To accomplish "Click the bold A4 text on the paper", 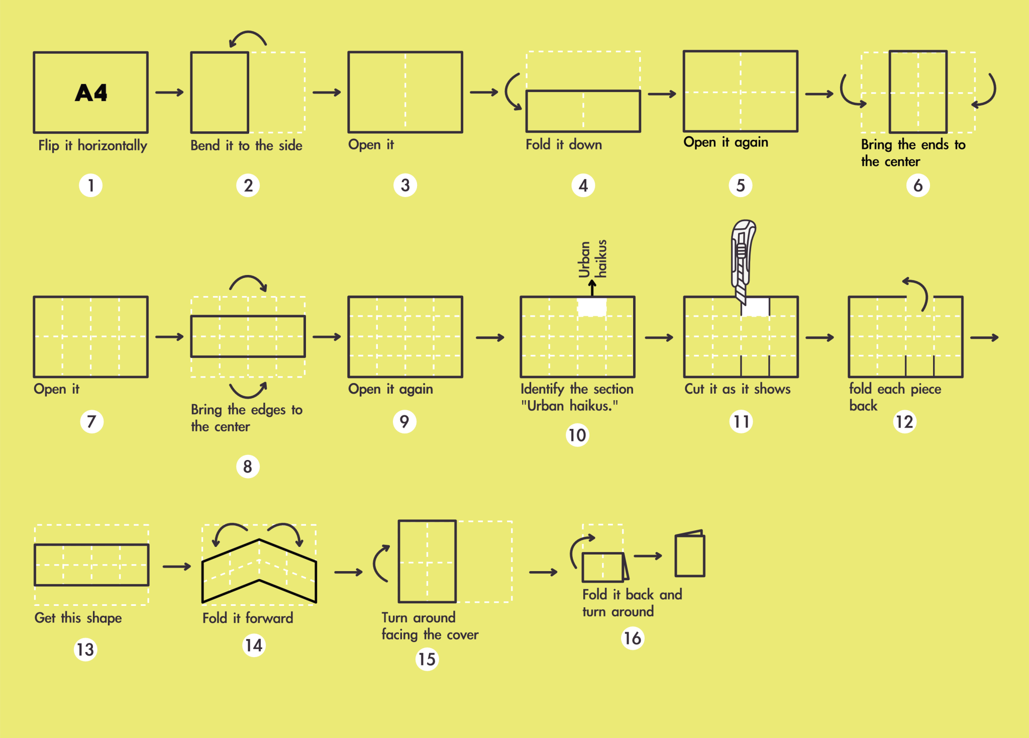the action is pyautogui.click(x=91, y=93).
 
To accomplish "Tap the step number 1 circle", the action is pyautogui.click(x=91, y=186).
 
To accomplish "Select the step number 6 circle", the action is pyautogui.click(x=918, y=186).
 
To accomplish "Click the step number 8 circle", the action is pyautogui.click(x=248, y=467).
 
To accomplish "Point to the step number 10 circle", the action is pyautogui.click(x=577, y=435).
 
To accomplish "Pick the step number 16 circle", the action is pyautogui.click(x=633, y=638).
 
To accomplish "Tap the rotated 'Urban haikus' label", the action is pyautogui.click(x=593, y=259).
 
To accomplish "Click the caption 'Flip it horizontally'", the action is pyautogui.click(x=93, y=146).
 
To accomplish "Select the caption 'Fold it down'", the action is pyautogui.click(x=564, y=145).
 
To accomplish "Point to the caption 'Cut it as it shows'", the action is pyautogui.click(x=737, y=389).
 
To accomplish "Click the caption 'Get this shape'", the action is pyautogui.click(x=78, y=618).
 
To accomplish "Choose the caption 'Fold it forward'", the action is pyautogui.click(x=248, y=618).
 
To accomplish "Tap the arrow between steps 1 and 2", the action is pyautogui.click(x=170, y=93).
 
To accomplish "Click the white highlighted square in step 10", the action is pyautogui.click(x=592, y=307).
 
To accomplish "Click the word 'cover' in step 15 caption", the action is pyautogui.click(x=462, y=635).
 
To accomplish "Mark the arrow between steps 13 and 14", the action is pyautogui.click(x=177, y=567).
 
